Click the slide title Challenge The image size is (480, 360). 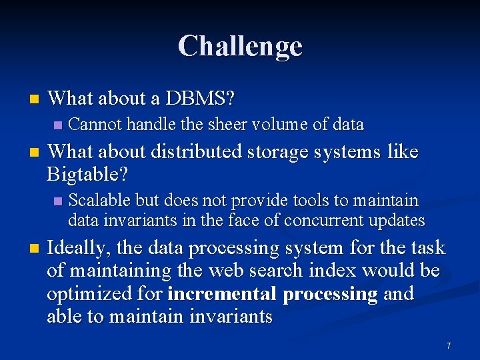pyautogui.click(x=240, y=46)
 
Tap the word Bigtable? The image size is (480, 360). pyautogui.click(x=87, y=175)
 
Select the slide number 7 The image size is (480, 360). pyautogui.click(x=449, y=345)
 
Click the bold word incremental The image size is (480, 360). pyautogui.click(x=222, y=294)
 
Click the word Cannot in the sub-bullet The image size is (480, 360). pyautogui.click(x=95, y=124)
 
